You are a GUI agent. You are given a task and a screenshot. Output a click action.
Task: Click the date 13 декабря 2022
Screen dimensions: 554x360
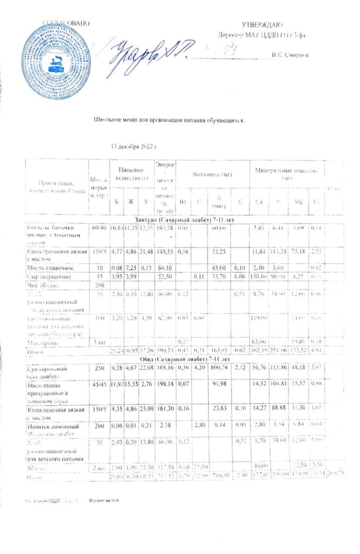(133, 147)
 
